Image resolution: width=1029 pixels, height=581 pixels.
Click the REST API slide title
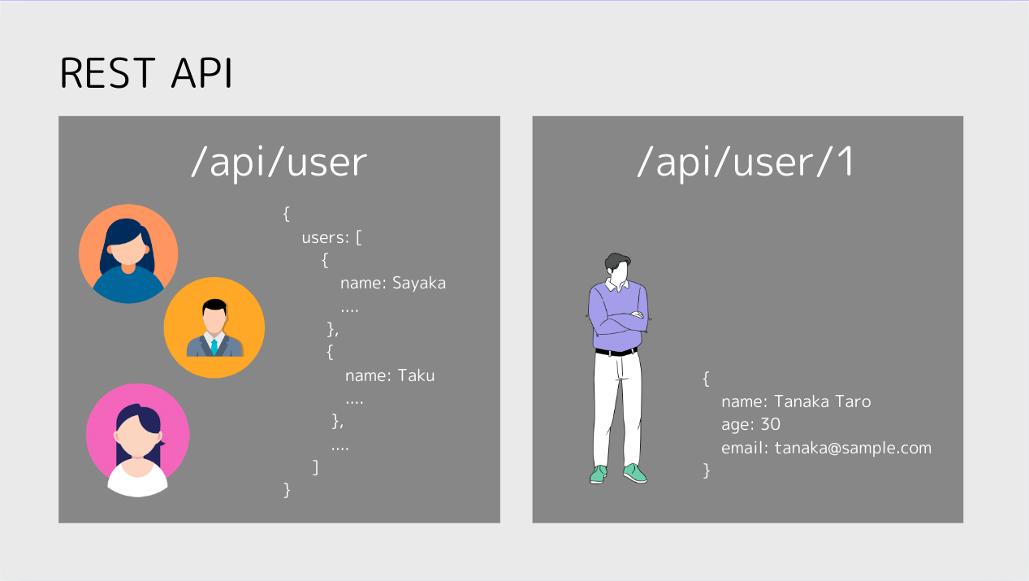point(146,72)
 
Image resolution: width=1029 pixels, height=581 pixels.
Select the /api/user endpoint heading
point(279,162)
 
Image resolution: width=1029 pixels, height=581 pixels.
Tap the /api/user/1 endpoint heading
point(745,162)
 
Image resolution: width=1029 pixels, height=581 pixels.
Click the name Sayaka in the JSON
point(418,283)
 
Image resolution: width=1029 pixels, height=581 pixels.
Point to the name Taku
point(416,375)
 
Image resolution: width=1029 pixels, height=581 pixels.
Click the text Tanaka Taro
point(822,401)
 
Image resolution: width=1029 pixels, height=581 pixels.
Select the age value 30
point(771,424)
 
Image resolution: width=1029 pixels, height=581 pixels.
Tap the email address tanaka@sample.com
point(853,449)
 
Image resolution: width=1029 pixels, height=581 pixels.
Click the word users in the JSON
point(322,237)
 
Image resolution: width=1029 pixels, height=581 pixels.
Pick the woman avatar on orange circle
point(128,254)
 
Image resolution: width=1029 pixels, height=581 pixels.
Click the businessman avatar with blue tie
point(214,327)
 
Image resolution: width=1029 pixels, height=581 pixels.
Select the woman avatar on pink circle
point(137,439)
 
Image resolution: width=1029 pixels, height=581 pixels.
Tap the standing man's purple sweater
point(618,317)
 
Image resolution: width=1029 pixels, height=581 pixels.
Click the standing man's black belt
point(616,352)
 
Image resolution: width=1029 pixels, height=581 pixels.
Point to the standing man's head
point(617,267)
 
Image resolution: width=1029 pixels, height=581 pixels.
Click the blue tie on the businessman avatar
point(214,347)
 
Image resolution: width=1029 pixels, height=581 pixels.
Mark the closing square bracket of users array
point(315,467)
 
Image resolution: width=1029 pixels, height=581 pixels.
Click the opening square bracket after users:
point(359,237)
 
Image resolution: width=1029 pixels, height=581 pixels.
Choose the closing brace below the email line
point(707,470)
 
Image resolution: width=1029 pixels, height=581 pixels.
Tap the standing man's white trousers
point(616,409)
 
